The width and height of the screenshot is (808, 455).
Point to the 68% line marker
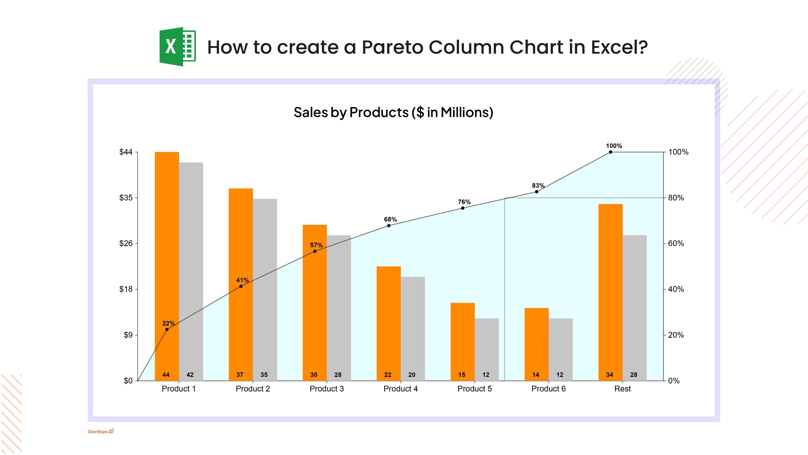point(389,225)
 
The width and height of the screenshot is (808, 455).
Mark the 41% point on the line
point(241,286)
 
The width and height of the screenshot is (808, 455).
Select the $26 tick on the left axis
point(126,243)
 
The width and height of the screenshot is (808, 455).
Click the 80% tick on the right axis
point(676,198)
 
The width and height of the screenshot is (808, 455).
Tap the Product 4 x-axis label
point(401,389)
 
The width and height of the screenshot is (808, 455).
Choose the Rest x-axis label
point(622,389)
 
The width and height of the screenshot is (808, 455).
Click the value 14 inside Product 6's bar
point(536,375)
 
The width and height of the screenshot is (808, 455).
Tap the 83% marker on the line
point(536,191)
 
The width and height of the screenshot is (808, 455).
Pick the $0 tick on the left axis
point(128,381)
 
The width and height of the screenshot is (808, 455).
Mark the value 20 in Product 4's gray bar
point(412,375)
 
